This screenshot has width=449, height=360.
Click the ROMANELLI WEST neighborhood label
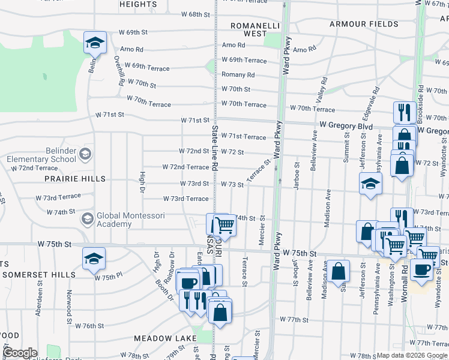pyautogui.click(x=248, y=29)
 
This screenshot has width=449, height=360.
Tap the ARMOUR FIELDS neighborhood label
pyautogui.click(x=363, y=24)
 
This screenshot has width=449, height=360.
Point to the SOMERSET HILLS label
pyautogui.click(x=38, y=274)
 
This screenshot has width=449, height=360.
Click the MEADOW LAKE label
pyautogui.click(x=161, y=338)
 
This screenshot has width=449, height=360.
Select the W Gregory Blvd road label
pyautogui.click(x=346, y=126)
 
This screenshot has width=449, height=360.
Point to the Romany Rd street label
pyautogui.click(x=238, y=75)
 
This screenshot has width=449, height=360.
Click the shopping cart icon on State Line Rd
pyautogui.click(x=224, y=224)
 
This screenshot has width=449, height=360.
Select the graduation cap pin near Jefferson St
pyautogui.click(x=370, y=184)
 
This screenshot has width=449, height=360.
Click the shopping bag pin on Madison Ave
pyautogui.click(x=339, y=271)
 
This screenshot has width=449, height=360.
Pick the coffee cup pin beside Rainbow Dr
pyautogui.click(x=188, y=281)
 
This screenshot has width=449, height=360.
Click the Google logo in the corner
pyautogui.click(x=20, y=353)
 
